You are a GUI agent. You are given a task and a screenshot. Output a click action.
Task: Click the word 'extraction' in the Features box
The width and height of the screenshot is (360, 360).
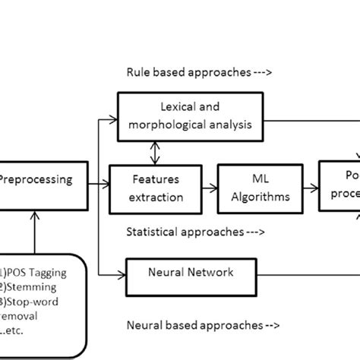click(x=156, y=197)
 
